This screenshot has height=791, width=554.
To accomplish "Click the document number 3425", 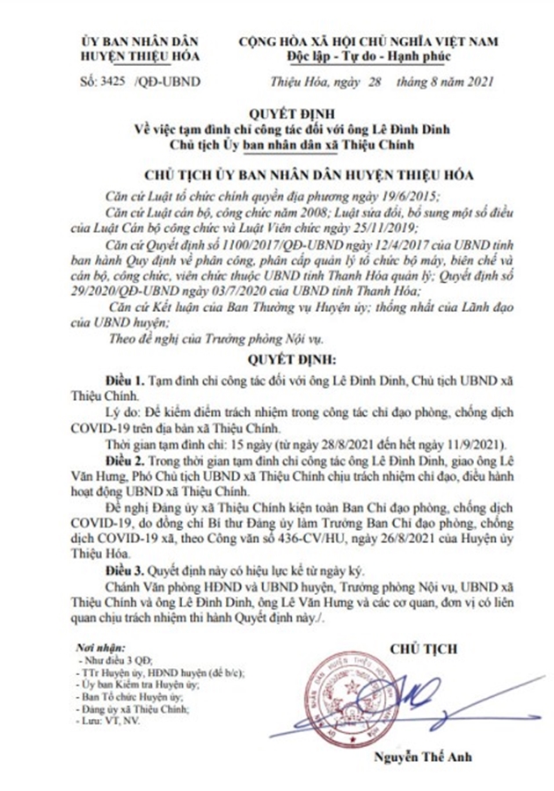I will point(112,83).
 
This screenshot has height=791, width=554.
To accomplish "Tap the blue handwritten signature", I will point(422,694).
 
